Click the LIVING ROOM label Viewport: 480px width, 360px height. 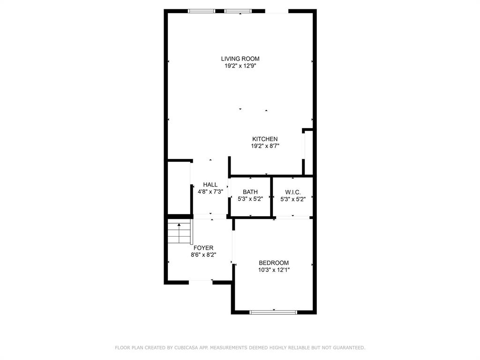pyautogui.click(x=240, y=59)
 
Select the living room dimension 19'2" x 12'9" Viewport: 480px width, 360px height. pyautogui.click(x=240, y=66)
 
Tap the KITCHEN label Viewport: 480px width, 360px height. pyautogui.click(x=265, y=139)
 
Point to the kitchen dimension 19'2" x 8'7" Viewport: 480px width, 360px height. pyautogui.click(x=265, y=146)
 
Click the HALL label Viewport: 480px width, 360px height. pyautogui.click(x=210, y=185)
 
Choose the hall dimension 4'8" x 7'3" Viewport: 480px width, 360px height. pyautogui.click(x=210, y=192)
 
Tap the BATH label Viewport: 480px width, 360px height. pyautogui.click(x=250, y=192)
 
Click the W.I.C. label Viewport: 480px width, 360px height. pyautogui.click(x=292, y=192)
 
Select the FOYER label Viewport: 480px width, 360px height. pyautogui.click(x=203, y=248)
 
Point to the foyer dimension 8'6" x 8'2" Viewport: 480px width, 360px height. pyautogui.click(x=203, y=255)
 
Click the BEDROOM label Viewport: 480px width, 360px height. pyautogui.click(x=274, y=263)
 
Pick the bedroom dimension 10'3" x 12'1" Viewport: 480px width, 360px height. pyautogui.click(x=274, y=270)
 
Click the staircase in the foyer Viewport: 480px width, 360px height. pyautogui.click(x=180, y=232)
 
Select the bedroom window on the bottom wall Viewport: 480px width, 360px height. pyautogui.click(x=273, y=312)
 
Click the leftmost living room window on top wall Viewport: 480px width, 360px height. pyautogui.click(x=201, y=11)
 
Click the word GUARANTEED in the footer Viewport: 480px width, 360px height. pyautogui.click(x=348, y=348)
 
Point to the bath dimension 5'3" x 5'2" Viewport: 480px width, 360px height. pyautogui.click(x=250, y=199)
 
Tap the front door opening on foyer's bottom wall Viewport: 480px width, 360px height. pyautogui.click(x=201, y=282)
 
